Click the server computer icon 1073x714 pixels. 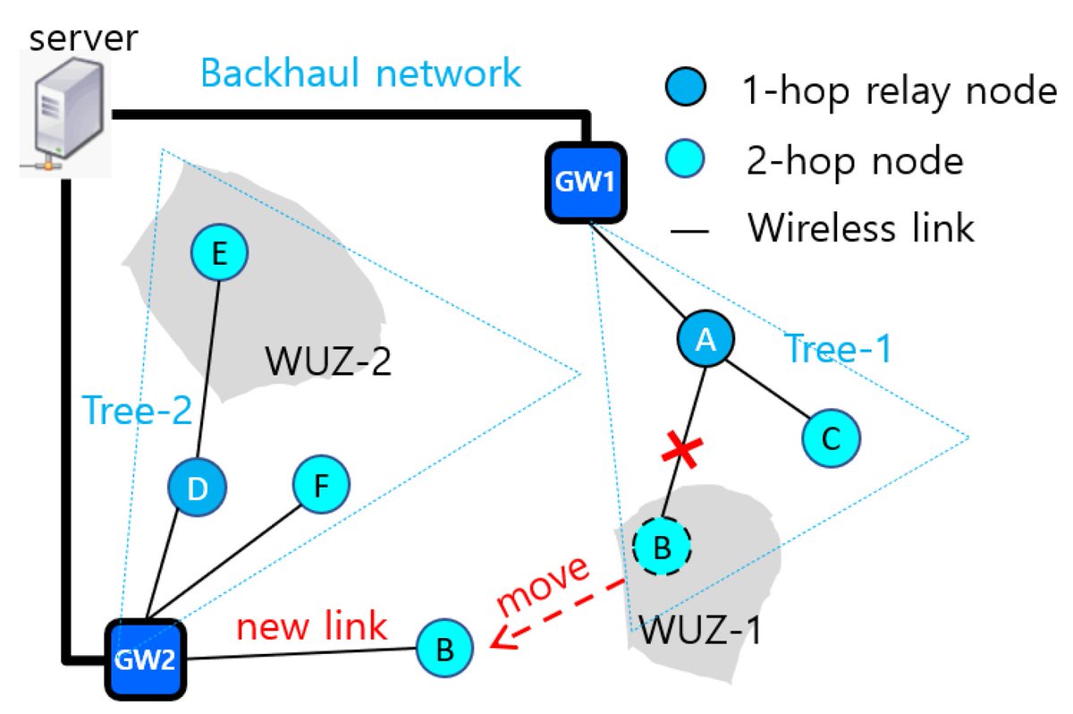pos(64,111)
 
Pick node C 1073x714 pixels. pos(831,438)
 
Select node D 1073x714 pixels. pos(197,489)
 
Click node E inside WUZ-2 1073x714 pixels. pos(219,255)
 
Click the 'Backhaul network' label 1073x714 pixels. pos(361,72)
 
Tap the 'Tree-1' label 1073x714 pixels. pos(839,350)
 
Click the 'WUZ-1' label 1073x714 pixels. pos(698,632)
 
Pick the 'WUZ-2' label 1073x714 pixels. pos(328,363)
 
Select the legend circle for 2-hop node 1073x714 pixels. pos(688,160)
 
